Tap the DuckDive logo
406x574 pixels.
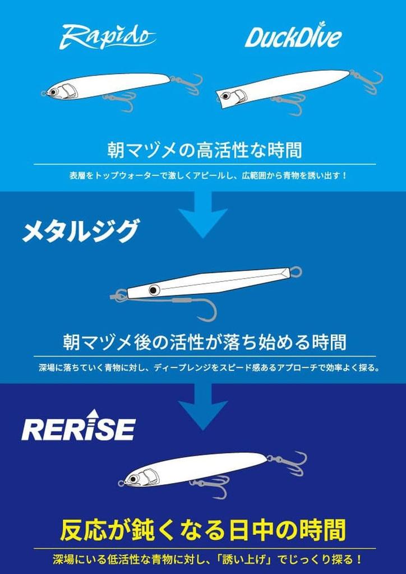point(293,38)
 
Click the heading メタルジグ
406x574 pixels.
point(80,230)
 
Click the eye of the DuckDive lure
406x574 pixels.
point(226,96)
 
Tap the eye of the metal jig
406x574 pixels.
point(153,290)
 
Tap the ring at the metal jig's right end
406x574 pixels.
point(296,272)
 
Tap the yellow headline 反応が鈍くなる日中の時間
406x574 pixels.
point(203,529)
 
